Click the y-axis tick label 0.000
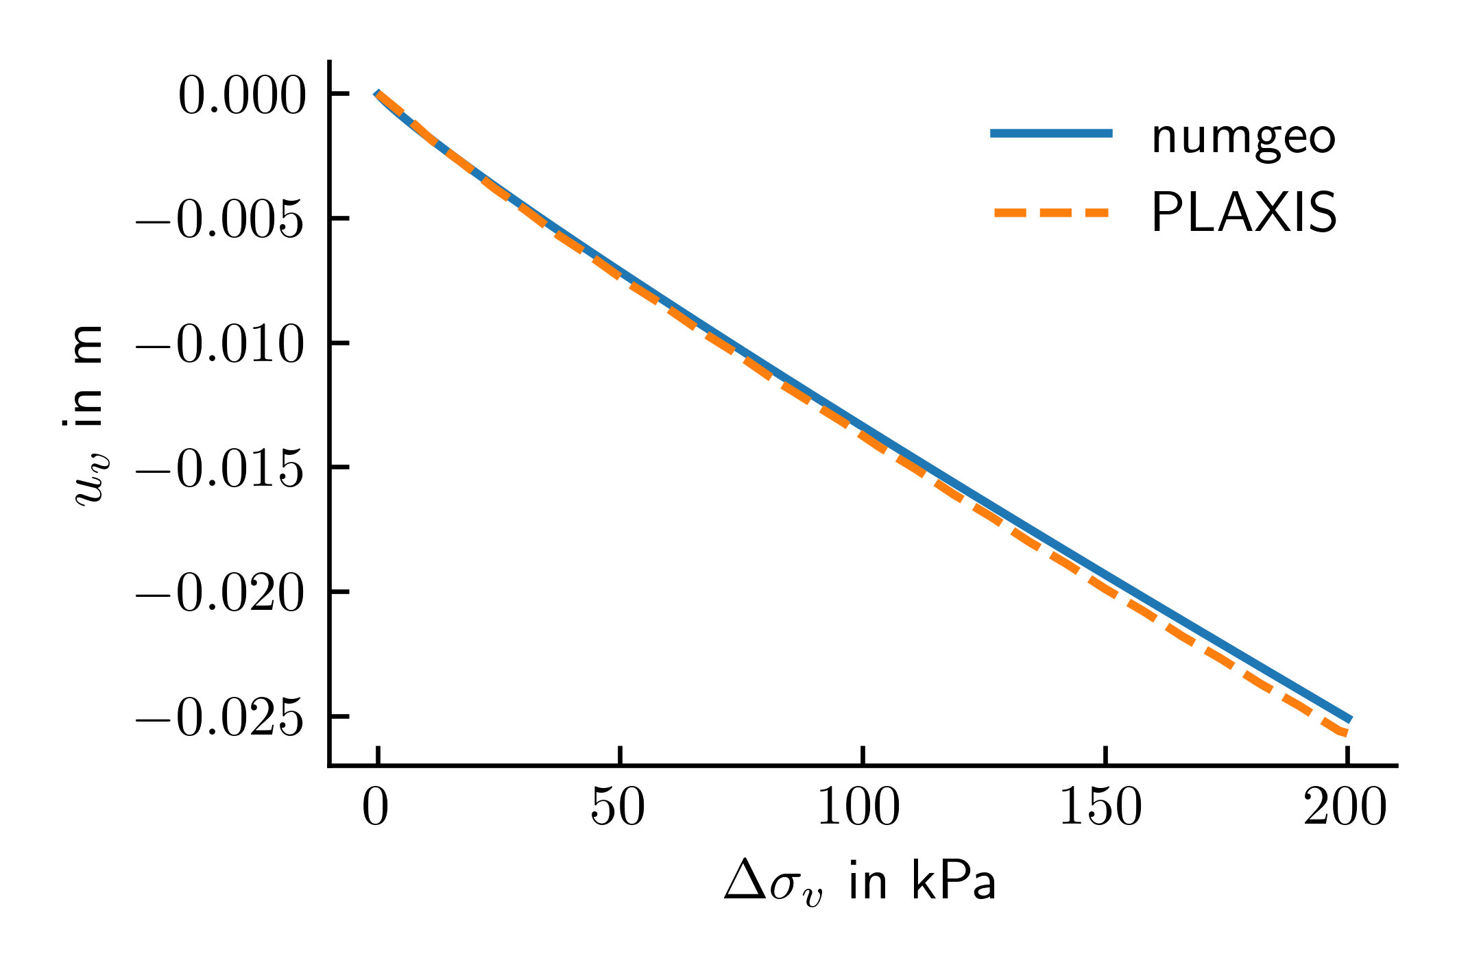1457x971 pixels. click(241, 97)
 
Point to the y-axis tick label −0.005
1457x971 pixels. click(220, 221)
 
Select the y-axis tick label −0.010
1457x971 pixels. click(220, 345)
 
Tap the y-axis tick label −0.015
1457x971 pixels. click(220, 470)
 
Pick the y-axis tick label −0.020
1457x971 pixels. click(220, 594)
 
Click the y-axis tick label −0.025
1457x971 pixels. click(220, 719)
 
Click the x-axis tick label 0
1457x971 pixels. click(376, 809)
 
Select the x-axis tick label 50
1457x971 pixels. click(618, 809)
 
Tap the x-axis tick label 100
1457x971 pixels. click(860, 809)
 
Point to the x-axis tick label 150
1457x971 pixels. click(1103, 809)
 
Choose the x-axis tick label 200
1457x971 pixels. click(1345, 809)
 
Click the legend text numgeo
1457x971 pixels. click(1244, 138)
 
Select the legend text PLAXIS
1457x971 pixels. click(1244, 214)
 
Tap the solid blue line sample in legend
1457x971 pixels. click(1051, 134)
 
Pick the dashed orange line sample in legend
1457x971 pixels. click(1051, 212)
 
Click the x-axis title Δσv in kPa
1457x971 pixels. click(860, 883)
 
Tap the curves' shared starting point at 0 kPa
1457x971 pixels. click(377, 94)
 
